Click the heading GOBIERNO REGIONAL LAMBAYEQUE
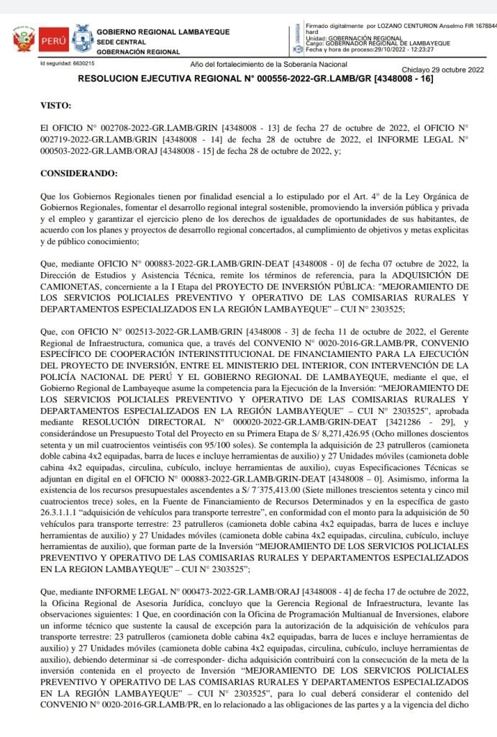163,32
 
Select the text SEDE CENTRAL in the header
121,42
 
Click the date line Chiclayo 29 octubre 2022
442,70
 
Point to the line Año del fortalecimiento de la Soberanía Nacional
264,65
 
